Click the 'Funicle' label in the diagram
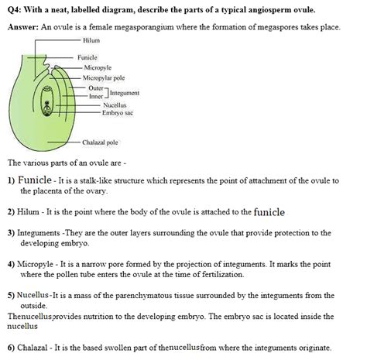click(87, 58)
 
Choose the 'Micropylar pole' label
click(105, 78)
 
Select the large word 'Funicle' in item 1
click(34, 180)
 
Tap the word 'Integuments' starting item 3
click(39, 233)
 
